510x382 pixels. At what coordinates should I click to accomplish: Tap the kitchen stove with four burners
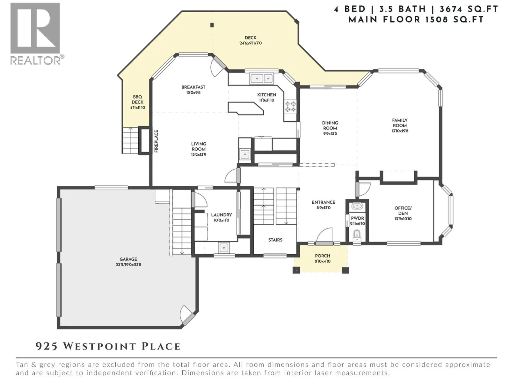point(290,106)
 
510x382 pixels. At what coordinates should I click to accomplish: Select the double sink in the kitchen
point(262,78)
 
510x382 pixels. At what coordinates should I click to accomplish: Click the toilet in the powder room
point(357,236)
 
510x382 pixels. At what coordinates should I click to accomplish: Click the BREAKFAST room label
point(193,87)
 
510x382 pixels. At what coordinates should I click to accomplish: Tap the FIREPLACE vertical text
point(157,141)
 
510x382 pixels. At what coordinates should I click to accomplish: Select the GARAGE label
point(128,259)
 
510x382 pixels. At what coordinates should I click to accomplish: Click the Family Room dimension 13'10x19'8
point(400,131)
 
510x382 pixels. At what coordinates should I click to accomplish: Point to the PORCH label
point(323,256)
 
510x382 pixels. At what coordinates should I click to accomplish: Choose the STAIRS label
point(275,240)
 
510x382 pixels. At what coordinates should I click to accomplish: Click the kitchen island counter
point(246,108)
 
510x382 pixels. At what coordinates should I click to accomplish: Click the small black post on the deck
point(212,25)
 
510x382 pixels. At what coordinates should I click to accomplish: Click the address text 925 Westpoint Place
point(108,347)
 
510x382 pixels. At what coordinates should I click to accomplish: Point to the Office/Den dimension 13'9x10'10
point(403,219)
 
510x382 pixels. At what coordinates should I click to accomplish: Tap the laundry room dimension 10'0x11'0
point(222,220)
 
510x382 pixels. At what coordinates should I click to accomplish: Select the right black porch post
point(346,270)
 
